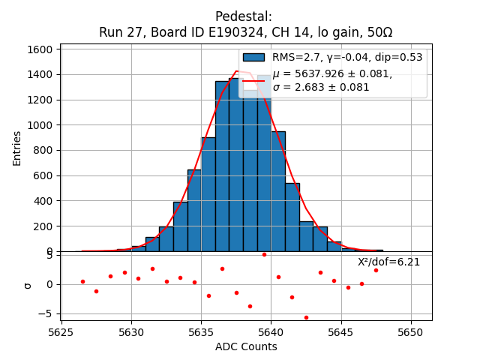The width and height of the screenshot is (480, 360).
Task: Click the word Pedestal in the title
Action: (244, 16)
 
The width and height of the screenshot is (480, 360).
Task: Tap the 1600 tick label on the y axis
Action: (39, 49)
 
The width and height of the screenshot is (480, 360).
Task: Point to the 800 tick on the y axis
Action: (42, 150)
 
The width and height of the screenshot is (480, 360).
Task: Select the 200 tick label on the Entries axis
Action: (42, 226)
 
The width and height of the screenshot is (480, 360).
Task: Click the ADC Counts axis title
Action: (246, 346)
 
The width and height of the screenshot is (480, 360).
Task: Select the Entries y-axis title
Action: (17, 148)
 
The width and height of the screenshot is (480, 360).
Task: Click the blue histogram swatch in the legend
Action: (253, 58)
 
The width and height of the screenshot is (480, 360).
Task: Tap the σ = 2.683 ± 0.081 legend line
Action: (321, 87)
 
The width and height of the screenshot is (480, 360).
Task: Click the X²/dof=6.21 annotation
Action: (388, 262)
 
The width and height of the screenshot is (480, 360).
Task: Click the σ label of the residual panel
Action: (28, 285)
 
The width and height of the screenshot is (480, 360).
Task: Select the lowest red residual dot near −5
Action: (306, 317)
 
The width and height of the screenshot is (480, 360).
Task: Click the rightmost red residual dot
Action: (376, 270)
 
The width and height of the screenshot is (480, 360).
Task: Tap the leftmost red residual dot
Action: (82, 281)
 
